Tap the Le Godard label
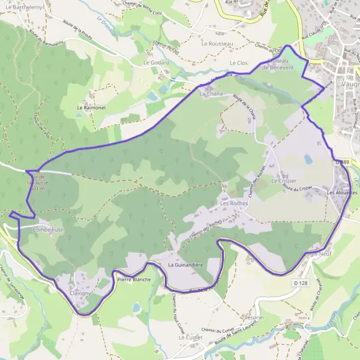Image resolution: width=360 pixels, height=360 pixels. click(x=154, y=62)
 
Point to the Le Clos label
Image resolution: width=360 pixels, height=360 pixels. click(x=239, y=63)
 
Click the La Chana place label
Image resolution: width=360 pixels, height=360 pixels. click(x=211, y=94)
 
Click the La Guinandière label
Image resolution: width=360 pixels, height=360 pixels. click(x=187, y=265)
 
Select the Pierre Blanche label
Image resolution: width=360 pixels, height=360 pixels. click(x=134, y=280)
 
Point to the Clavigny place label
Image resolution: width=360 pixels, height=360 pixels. click(x=79, y=293)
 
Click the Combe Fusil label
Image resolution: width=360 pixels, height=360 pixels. click(x=47, y=230)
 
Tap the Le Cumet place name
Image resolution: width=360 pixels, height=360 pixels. click(x=190, y=338)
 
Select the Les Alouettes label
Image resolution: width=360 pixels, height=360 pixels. click(x=342, y=193)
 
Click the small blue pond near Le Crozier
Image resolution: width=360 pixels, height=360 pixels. click(x=308, y=159)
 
